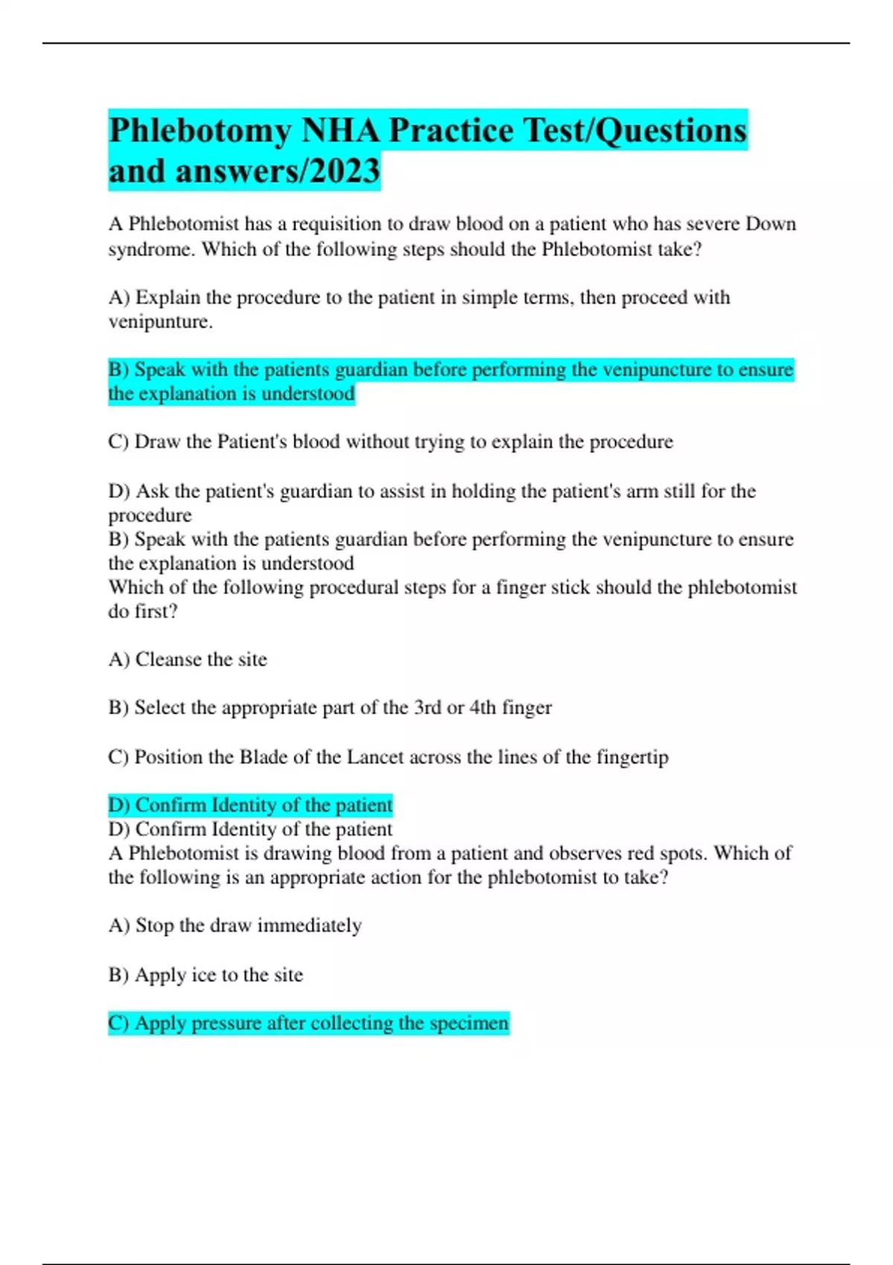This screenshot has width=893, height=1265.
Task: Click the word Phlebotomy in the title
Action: [199, 131]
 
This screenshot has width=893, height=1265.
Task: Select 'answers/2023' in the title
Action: [278, 171]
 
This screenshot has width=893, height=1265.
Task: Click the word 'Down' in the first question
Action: [771, 224]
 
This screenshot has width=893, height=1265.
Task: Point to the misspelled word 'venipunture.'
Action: [161, 321]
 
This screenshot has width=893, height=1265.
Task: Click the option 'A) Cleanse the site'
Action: [188, 659]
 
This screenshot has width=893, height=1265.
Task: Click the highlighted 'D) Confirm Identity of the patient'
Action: [250, 805]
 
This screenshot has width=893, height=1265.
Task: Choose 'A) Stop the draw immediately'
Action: [235, 926]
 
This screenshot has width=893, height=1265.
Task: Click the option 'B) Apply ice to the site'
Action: [205, 975]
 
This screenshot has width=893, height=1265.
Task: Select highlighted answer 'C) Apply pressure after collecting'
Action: [308, 1023]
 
